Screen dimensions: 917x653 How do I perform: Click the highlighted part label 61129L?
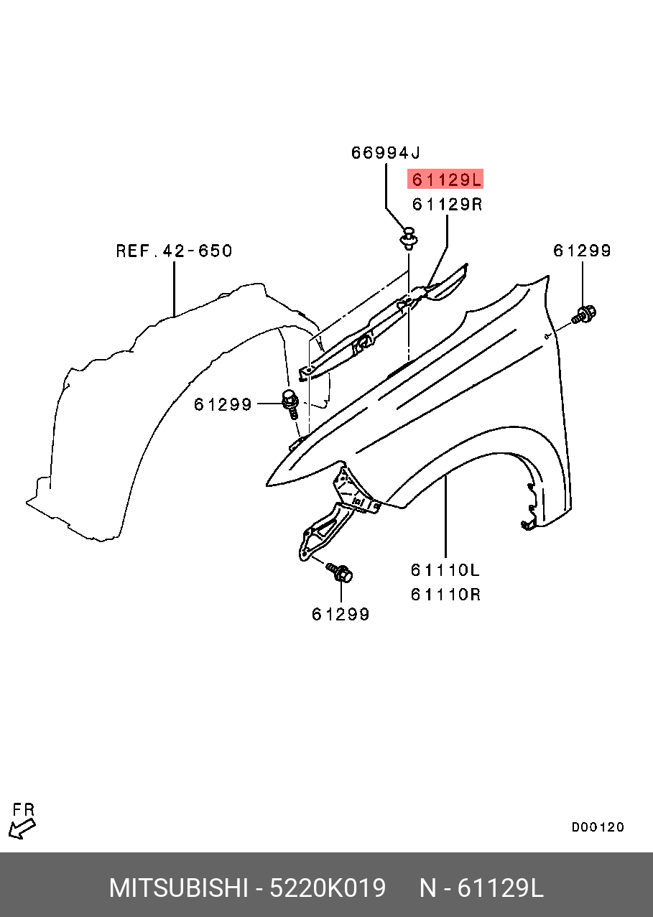(x=445, y=179)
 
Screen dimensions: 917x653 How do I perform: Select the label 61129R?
(x=446, y=205)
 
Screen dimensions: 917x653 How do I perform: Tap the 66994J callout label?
(x=385, y=153)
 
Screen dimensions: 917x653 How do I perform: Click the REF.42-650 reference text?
(x=175, y=251)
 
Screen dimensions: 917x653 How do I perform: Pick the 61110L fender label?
(x=445, y=570)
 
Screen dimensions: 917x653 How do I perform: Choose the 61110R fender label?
(x=445, y=595)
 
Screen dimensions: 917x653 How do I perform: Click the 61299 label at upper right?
(x=582, y=251)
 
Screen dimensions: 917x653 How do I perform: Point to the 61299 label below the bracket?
(x=341, y=614)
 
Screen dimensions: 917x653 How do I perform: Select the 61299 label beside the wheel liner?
(x=223, y=405)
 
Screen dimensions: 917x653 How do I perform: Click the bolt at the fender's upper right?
(x=583, y=314)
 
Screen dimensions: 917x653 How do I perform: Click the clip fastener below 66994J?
(x=409, y=237)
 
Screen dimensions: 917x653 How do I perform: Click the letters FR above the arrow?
(x=24, y=810)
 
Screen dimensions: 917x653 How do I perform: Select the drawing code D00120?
(x=598, y=827)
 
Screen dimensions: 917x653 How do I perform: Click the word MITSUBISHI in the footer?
(x=177, y=888)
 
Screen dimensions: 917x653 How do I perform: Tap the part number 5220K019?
(x=327, y=888)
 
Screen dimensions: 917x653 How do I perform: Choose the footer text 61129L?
(x=501, y=888)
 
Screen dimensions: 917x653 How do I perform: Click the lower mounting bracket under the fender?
(x=323, y=530)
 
